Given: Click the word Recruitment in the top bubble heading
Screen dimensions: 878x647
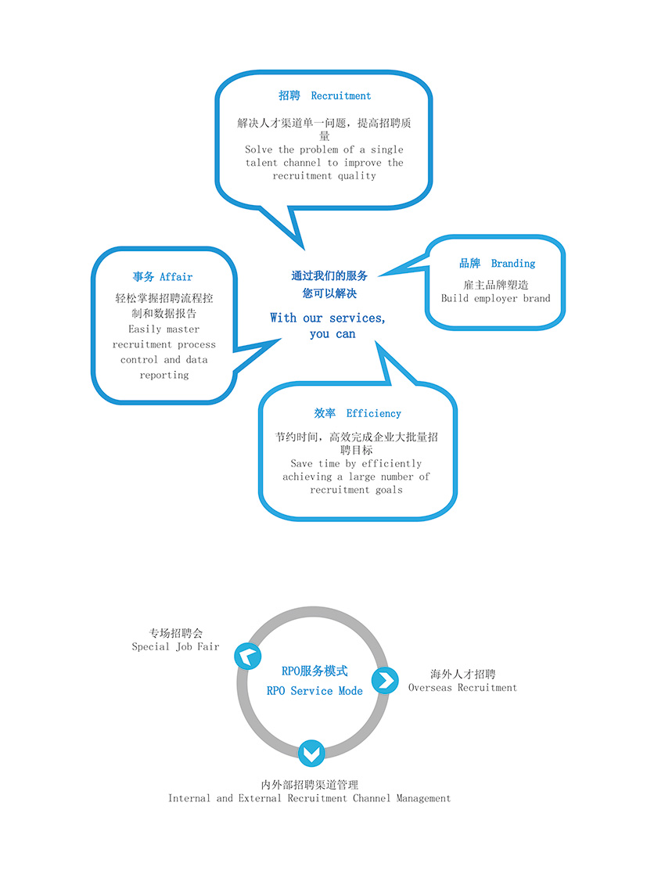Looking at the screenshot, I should [x=341, y=95].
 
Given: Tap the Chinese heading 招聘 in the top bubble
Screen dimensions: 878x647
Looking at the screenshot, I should [x=289, y=95].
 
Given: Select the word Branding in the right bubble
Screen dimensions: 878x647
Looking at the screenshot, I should [x=513, y=264].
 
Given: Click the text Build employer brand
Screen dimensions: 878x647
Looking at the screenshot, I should [x=495, y=298].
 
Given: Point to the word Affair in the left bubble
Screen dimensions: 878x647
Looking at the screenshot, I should [x=176, y=277].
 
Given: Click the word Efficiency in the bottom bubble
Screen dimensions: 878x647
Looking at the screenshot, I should [x=374, y=413].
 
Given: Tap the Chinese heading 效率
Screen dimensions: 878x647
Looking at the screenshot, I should [x=325, y=413].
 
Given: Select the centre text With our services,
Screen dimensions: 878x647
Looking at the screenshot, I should [x=328, y=318].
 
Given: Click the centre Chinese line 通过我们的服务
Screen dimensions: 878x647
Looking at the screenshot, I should [x=329, y=275].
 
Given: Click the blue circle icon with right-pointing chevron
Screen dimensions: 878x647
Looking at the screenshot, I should [x=385, y=679].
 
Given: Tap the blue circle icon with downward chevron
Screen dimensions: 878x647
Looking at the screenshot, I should [x=311, y=753].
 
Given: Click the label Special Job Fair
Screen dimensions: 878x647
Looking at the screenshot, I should [x=175, y=647].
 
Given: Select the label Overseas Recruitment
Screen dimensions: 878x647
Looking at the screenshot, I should [x=462, y=688].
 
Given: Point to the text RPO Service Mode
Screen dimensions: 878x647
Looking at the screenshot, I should [x=315, y=691].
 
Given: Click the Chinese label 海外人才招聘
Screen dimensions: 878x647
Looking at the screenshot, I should [x=462, y=674].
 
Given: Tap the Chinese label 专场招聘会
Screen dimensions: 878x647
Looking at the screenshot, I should [x=176, y=633].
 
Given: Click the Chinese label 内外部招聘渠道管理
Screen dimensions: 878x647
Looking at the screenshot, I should [x=310, y=784].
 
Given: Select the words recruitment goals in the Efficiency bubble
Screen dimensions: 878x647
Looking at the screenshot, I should [x=356, y=490].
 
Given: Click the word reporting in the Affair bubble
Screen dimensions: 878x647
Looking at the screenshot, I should [x=164, y=375].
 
